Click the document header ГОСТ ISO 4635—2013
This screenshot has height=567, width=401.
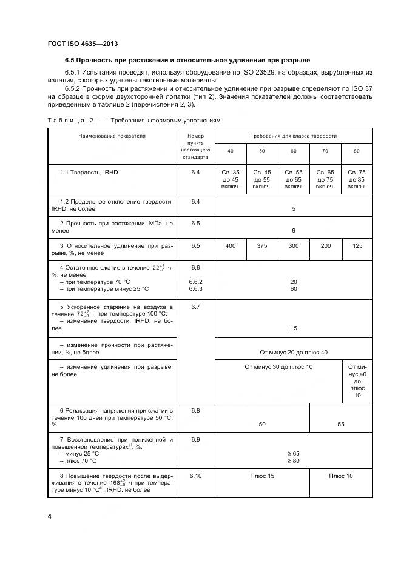[82, 44]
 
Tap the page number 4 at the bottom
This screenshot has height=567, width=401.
[49, 517]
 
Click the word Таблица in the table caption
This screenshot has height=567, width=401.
[66, 121]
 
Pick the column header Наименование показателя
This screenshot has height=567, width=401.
[112, 136]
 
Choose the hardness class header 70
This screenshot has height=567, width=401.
[325, 150]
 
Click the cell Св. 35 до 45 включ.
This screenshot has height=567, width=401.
[231, 179]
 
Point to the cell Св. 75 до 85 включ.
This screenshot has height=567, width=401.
[357, 179]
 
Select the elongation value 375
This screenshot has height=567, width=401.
[262, 246]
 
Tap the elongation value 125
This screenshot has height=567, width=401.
[357, 246]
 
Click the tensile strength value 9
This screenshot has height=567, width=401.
[294, 230]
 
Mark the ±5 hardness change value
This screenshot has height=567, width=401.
[294, 328]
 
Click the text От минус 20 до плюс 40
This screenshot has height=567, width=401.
[294, 351]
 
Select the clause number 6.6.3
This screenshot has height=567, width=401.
[195, 289]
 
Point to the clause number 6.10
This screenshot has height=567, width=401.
[195, 476]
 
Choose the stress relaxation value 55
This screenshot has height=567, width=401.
[341, 425]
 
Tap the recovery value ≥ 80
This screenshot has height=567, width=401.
[294, 460]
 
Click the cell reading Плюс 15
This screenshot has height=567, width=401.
[262, 476]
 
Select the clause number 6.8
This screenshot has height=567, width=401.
[195, 411]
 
